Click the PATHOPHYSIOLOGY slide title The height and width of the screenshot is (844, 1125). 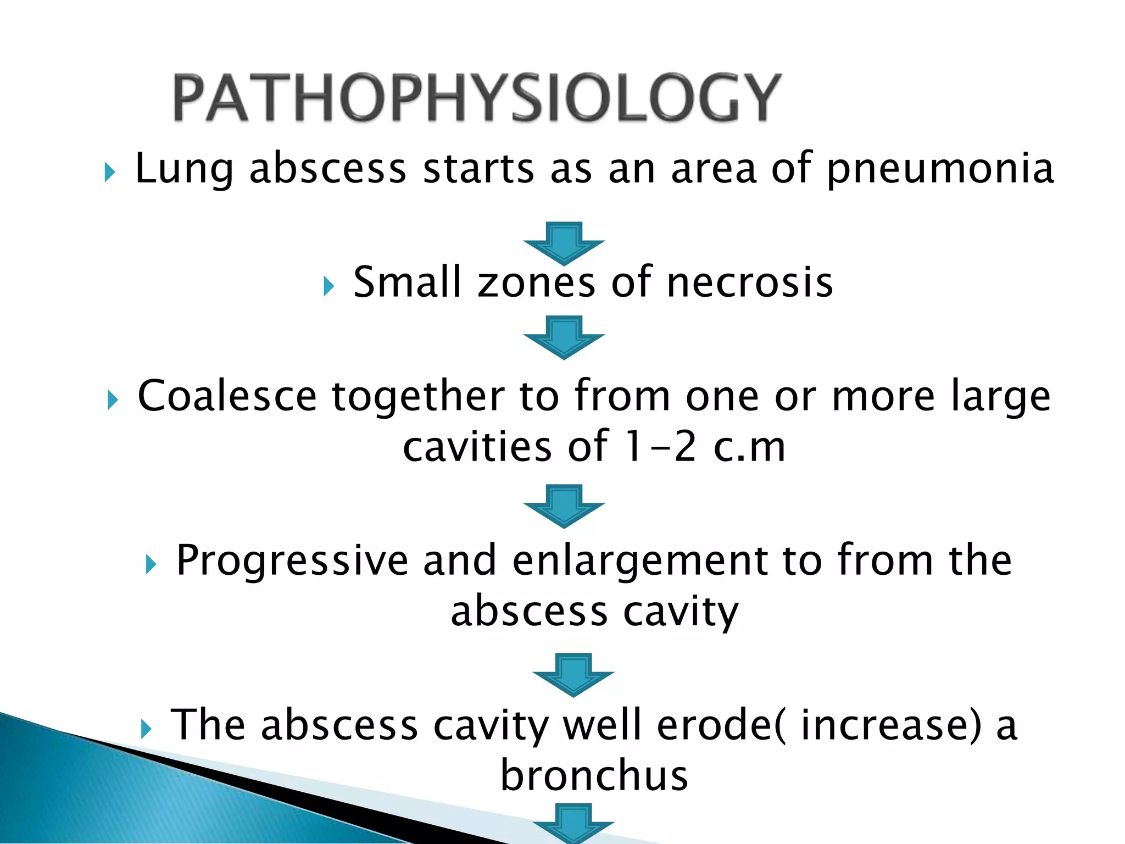(477, 97)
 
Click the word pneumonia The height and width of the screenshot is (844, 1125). (940, 169)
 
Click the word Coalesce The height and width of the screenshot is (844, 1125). (227, 396)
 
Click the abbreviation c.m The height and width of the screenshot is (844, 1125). (749, 446)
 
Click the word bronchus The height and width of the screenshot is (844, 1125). (594, 775)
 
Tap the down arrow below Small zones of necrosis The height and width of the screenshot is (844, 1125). (564, 337)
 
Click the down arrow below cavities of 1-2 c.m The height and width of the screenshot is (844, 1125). (564, 506)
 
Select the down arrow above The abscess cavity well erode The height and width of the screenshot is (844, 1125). (573, 674)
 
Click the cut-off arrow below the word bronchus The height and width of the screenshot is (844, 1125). (573, 824)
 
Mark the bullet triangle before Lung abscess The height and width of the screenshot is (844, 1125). (110, 173)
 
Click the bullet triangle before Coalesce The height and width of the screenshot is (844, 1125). (113, 399)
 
